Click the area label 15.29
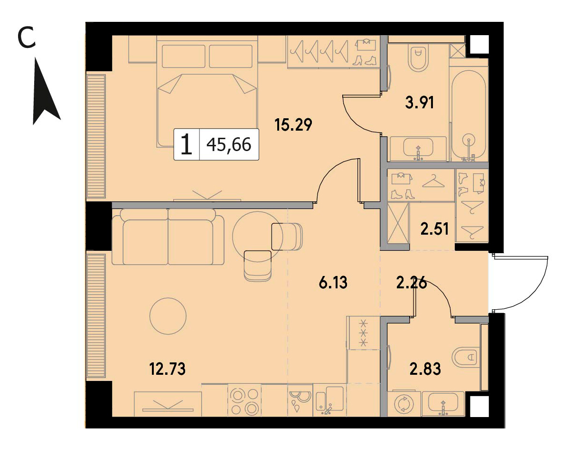(x=293, y=125)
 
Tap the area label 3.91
(x=419, y=103)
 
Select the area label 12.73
(x=167, y=369)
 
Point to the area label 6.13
(x=333, y=283)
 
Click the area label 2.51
(x=434, y=229)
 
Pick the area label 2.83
(x=425, y=369)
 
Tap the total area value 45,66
(x=229, y=144)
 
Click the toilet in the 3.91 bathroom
(x=418, y=58)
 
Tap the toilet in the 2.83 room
(x=466, y=357)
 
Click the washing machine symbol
(x=404, y=404)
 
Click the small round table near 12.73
(x=168, y=316)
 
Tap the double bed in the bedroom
(x=207, y=94)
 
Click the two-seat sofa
(x=168, y=237)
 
